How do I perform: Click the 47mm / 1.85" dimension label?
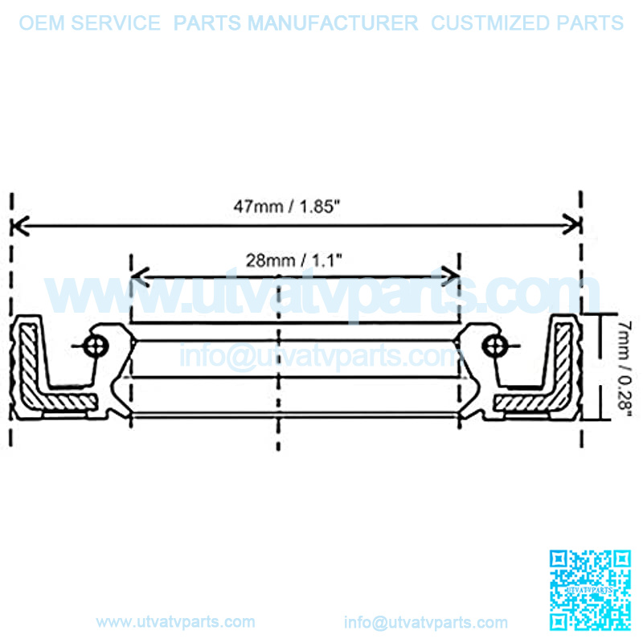pos(287,207)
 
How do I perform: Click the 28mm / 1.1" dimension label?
pos(293,260)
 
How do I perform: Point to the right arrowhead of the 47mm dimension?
pos(572,224)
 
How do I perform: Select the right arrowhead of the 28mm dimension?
pos(450,276)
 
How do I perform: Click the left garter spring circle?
pos(96,346)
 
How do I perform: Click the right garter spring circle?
pos(495,346)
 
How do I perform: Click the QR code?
pos(590,590)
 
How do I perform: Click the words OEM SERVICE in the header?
pos(90,23)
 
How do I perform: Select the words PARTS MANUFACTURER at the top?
pos(296,23)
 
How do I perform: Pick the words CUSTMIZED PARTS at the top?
pos(527,23)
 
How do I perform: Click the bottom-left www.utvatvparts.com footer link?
pos(175,622)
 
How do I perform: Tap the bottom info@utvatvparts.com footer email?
pos(426,622)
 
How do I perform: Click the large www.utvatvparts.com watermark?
pos(322,293)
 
